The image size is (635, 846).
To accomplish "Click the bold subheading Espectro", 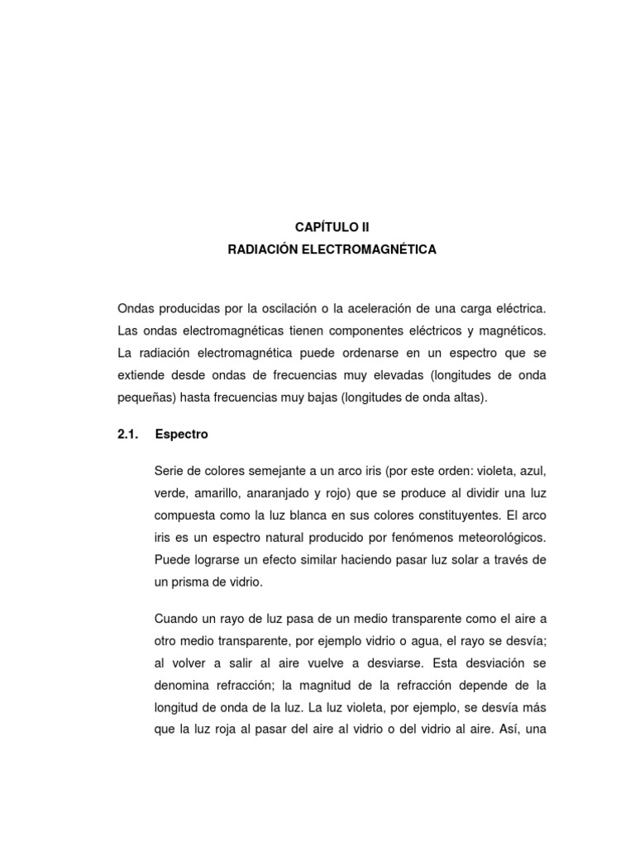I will pos(182,434).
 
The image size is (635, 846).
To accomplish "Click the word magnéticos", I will pos(514,330).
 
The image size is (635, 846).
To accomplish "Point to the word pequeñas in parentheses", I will pos(144,397).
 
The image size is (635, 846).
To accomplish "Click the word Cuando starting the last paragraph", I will pos(175,618).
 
